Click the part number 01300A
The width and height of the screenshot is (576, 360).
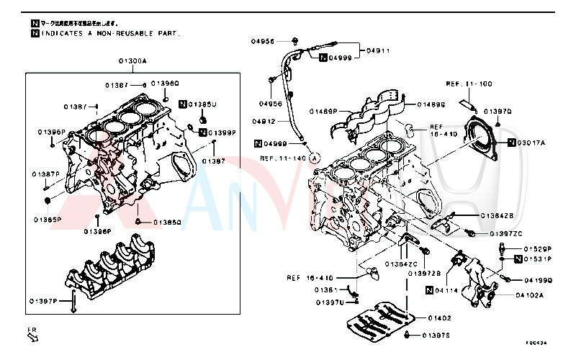pyautogui.click(x=132, y=62)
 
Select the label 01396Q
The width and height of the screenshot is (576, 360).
pyautogui.click(x=165, y=84)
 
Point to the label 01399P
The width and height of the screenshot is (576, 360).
pyautogui.click(x=222, y=132)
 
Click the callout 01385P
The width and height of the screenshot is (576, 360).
pyautogui.click(x=47, y=219)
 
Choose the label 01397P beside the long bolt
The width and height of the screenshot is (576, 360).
pyautogui.click(x=43, y=301)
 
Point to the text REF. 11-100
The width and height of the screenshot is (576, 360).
pyautogui.click(x=469, y=84)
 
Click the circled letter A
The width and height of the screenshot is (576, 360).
pyautogui.click(x=315, y=158)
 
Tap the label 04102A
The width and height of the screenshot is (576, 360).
pyautogui.click(x=529, y=294)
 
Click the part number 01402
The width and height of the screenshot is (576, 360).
pyautogui.click(x=438, y=318)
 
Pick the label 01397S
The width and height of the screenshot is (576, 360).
pyautogui.click(x=436, y=336)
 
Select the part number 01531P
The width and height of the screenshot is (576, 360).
pyautogui.click(x=537, y=258)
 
